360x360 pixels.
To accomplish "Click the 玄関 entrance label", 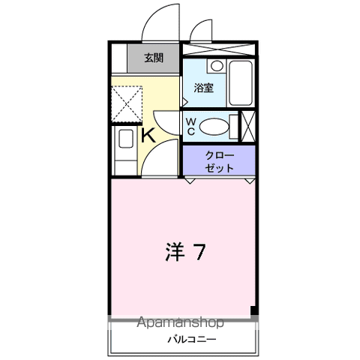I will coord(154,58).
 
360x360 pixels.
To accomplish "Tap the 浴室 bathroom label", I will coord(203,88).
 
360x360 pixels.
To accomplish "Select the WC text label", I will coord(190,125).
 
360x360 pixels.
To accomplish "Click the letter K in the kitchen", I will coord(148,136).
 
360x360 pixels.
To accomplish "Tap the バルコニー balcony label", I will coord(191,340).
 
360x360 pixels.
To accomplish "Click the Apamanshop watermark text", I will coord(180,323).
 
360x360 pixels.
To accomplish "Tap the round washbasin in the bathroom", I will coord(215,66).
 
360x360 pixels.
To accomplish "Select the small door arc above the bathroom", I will coord(200,31).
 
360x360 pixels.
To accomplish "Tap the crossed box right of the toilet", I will coord(247,124).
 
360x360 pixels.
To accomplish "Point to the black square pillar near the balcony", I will coord(253,310).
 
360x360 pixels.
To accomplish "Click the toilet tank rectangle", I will coord(233,125).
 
